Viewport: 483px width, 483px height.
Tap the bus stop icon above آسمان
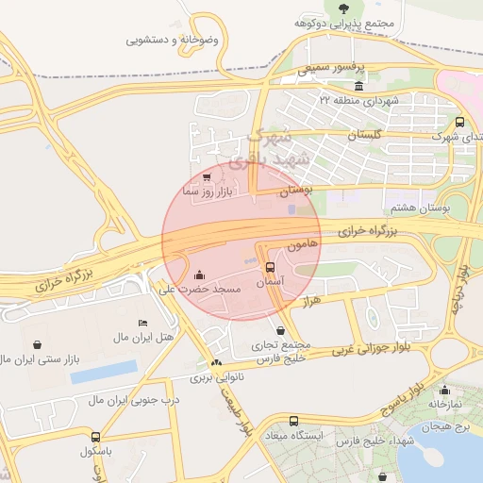pyautogui.click(x=271, y=267)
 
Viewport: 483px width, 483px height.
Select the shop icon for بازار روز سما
pyautogui.click(x=207, y=176)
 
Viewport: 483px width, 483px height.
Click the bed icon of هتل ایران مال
pyautogui.click(x=142, y=324)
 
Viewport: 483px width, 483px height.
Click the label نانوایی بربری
pyautogui.click(x=218, y=377)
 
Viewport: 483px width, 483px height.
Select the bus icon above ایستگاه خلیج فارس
pyautogui.click(x=293, y=421)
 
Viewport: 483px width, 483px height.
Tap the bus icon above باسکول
pyautogui.click(x=95, y=437)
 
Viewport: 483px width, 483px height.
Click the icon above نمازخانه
pyautogui.click(x=443, y=387)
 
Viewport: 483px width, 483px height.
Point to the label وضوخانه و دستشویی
pyautogui.click(x=176, y=41)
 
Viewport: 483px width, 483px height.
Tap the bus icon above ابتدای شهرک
pyautogui.click(x=459, y=122)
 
